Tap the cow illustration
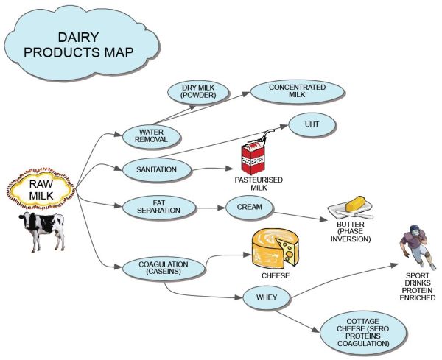coord(42,230)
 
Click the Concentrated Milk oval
coord(287,90)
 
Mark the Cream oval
coord(245,207)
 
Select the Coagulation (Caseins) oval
coord(164,267)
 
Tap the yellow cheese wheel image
coord(274,248)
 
